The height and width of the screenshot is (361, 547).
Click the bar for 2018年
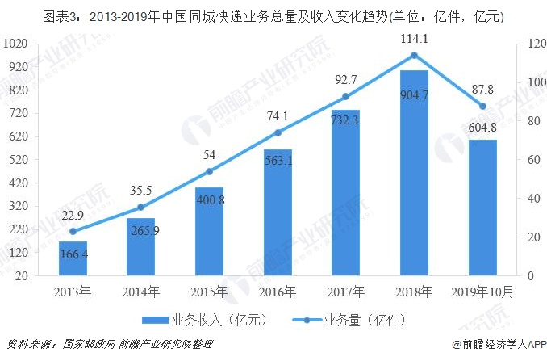tap(414, 173)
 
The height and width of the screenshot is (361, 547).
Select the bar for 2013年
tap(73, 258)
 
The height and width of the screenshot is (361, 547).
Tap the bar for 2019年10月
tap(482, 208)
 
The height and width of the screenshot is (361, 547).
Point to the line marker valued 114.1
tap(414, 55)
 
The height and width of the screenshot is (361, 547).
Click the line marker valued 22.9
tap(73, 231)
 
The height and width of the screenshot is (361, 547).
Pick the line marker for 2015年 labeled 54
tap(209, 171)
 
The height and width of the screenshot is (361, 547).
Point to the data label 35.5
tap(140, 191)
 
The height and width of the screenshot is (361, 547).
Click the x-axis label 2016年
tap(278, 292)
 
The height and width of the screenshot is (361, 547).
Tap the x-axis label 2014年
tap(140, 292)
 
